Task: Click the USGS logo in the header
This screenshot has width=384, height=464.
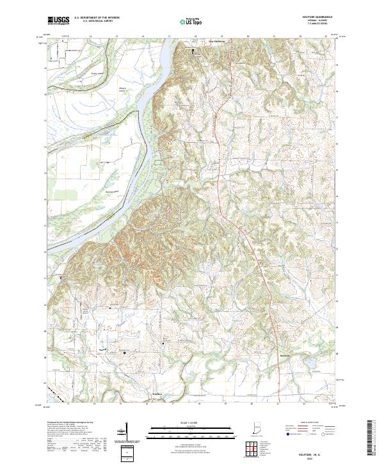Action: [59, 20]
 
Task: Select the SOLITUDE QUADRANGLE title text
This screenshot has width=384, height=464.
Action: [317, 17]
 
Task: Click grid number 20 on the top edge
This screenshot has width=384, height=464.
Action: [248, 36]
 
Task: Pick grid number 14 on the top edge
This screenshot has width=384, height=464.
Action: [91, 36]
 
